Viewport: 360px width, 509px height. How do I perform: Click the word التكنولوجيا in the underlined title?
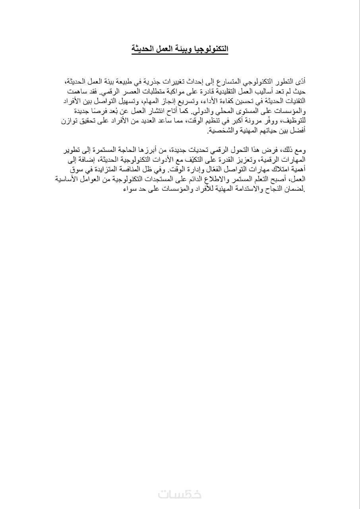click(209, 49)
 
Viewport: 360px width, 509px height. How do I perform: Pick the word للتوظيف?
click(292, 121)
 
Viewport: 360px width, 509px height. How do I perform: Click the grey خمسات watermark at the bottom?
click(180, 494)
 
